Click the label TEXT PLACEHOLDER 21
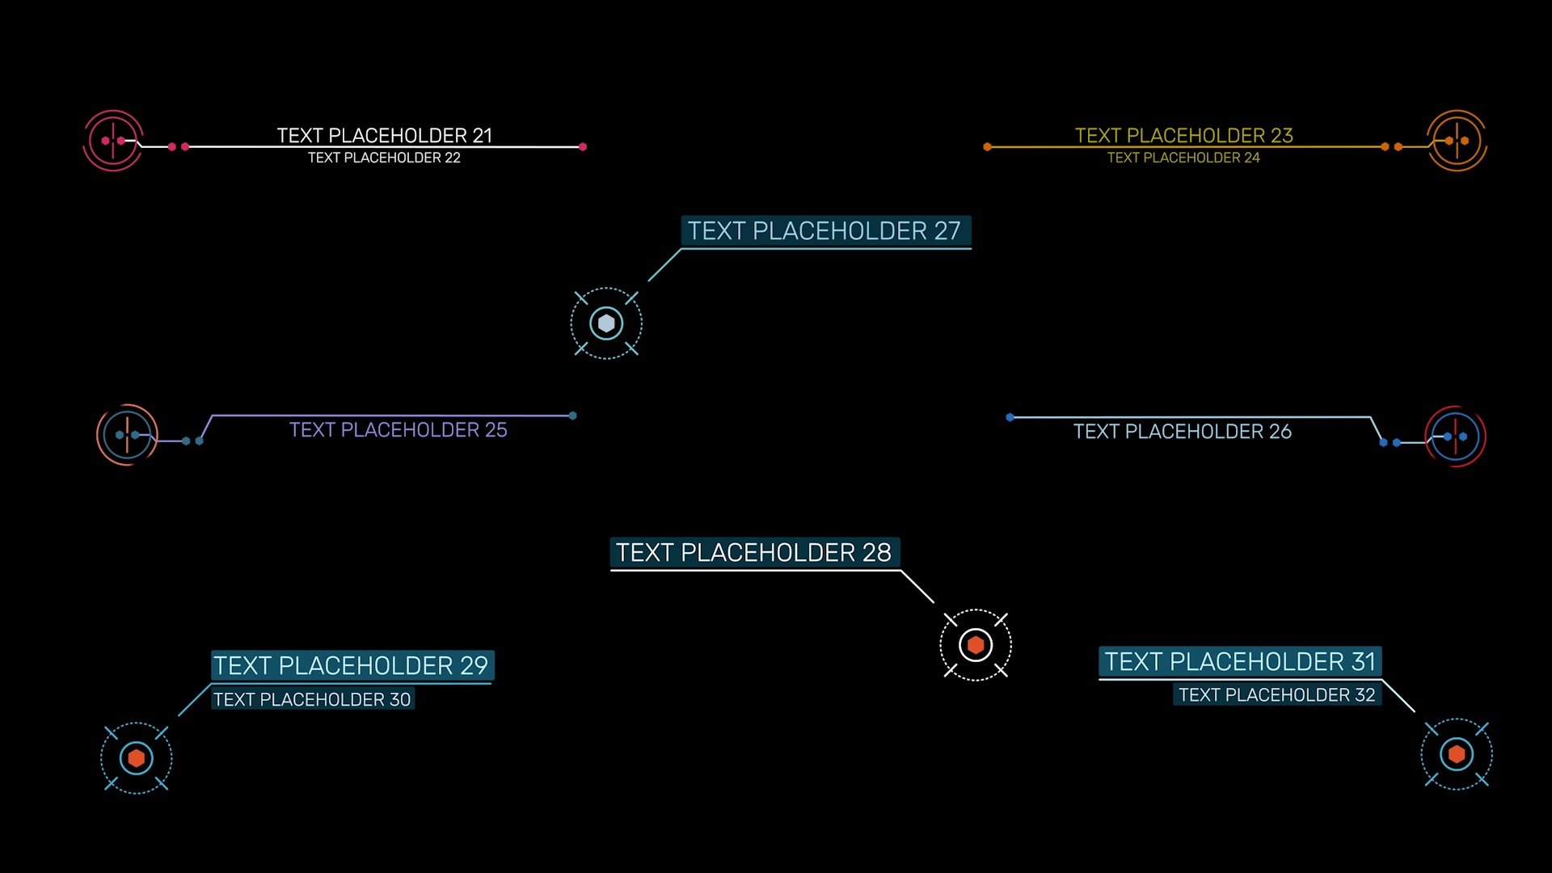pos(385,135)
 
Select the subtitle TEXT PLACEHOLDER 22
pos(384,158)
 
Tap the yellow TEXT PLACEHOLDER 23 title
pos(1183,135)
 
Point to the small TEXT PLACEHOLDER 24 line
pos(1183,158)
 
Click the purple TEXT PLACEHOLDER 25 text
pos(399,430)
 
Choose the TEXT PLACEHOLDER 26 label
pos(1182,432)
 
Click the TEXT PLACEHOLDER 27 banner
pos(824,231)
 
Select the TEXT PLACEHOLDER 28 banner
pos(753,553)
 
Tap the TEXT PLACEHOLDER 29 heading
pos(351,666)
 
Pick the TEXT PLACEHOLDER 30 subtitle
pos(312,700)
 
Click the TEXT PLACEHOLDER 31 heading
pos(1240,662)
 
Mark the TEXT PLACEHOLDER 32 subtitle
pos(1276,695)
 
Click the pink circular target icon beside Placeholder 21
pos(113,141)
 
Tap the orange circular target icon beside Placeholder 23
pos(1457,141)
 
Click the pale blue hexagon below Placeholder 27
pos(606,323)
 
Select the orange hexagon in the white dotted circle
pos(976,645)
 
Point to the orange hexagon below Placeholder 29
pos(137,758)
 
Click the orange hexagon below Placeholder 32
pos(1457,754)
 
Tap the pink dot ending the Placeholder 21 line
pos(583,147)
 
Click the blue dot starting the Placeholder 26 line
pos(1010,417)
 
